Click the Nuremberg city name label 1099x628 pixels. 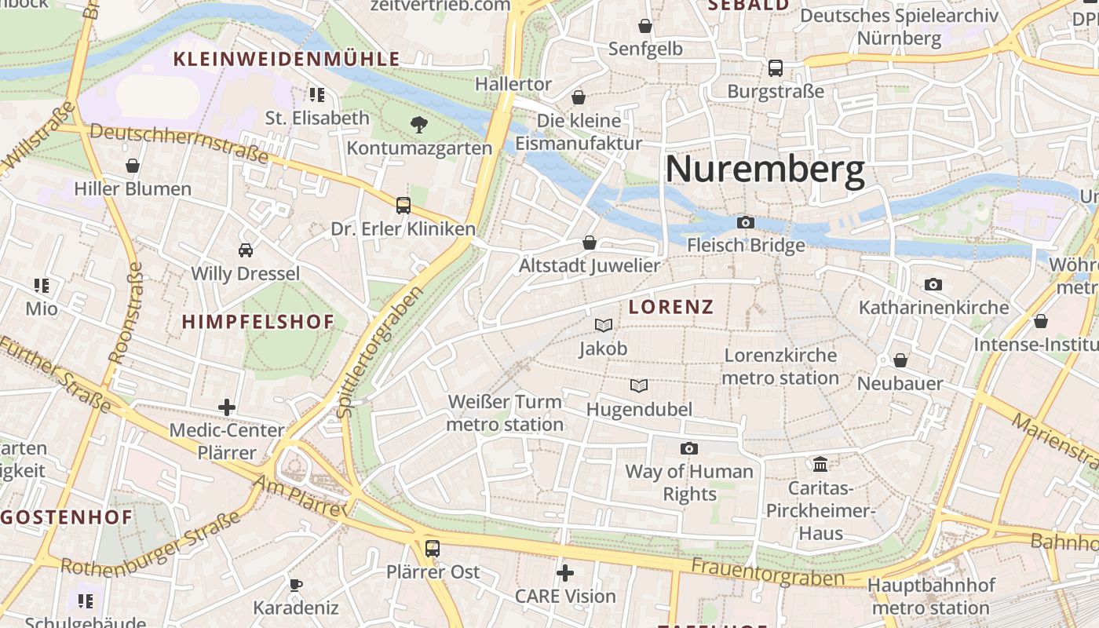(x=765, y=169)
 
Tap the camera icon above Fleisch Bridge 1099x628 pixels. (x=746, y=223)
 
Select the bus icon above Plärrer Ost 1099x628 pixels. (x=432, y=548)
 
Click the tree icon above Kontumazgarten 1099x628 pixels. (x=419, y=123)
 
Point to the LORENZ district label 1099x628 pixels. (x=671, y=307)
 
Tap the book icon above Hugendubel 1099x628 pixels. (x=639, y=385)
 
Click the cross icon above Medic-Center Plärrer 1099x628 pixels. (x=227, y=407)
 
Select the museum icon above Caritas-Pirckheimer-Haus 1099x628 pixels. (x=820, y=464)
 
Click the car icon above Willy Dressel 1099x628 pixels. (x=246, y=250)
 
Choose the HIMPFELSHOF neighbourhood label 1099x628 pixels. (x=258, y=321)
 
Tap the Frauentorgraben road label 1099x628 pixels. (x=768, y=571)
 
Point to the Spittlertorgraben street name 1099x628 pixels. (x=379, y=352)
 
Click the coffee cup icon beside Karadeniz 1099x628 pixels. (x=295, y=585)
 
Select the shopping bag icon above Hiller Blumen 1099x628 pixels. (x=133, y=166)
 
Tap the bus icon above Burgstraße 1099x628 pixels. (x=776, y=68)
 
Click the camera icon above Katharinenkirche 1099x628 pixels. (x=933, y=284)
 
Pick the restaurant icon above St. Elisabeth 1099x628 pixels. (x=317, y=95)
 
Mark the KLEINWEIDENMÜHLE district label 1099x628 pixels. (x=287, y=59)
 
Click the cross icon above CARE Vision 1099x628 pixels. (x=564, y=573)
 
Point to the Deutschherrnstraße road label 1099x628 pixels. (x=179, y=142)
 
